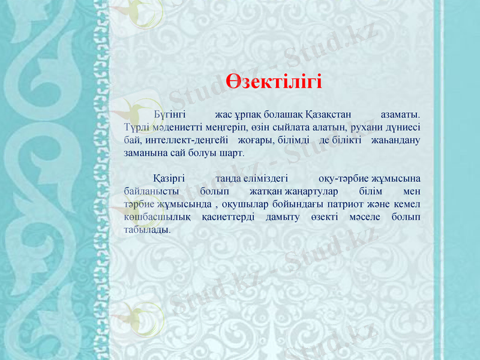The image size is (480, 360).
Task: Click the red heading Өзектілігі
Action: [274, 81]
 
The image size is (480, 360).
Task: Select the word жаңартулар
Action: [311, 191]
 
